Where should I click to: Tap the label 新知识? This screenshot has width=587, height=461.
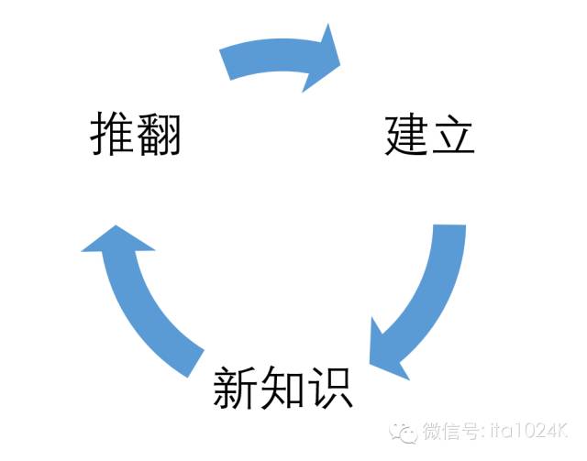282,389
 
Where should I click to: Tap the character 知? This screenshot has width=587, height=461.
282,390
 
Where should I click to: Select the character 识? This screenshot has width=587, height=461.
329,389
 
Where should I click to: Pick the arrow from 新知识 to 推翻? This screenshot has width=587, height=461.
147,293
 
